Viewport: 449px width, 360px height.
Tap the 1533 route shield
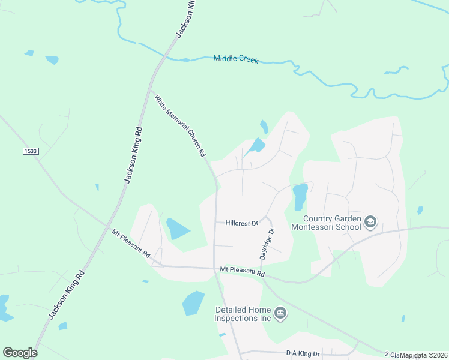(31, 151)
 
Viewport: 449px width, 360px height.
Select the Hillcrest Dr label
(241, 223)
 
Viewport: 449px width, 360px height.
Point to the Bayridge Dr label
(267, 244)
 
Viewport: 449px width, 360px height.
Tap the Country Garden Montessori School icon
(370, 223)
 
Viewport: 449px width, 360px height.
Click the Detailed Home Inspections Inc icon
(280, 313)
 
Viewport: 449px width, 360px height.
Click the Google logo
(20, 353)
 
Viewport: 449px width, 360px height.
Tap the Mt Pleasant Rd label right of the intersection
(242, 272)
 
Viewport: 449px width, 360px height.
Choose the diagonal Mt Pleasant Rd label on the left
(131, 242)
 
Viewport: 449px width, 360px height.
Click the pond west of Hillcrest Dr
(178, 229)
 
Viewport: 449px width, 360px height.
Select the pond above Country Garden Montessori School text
(300, 196)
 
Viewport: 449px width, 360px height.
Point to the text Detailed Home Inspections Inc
(245, 314)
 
